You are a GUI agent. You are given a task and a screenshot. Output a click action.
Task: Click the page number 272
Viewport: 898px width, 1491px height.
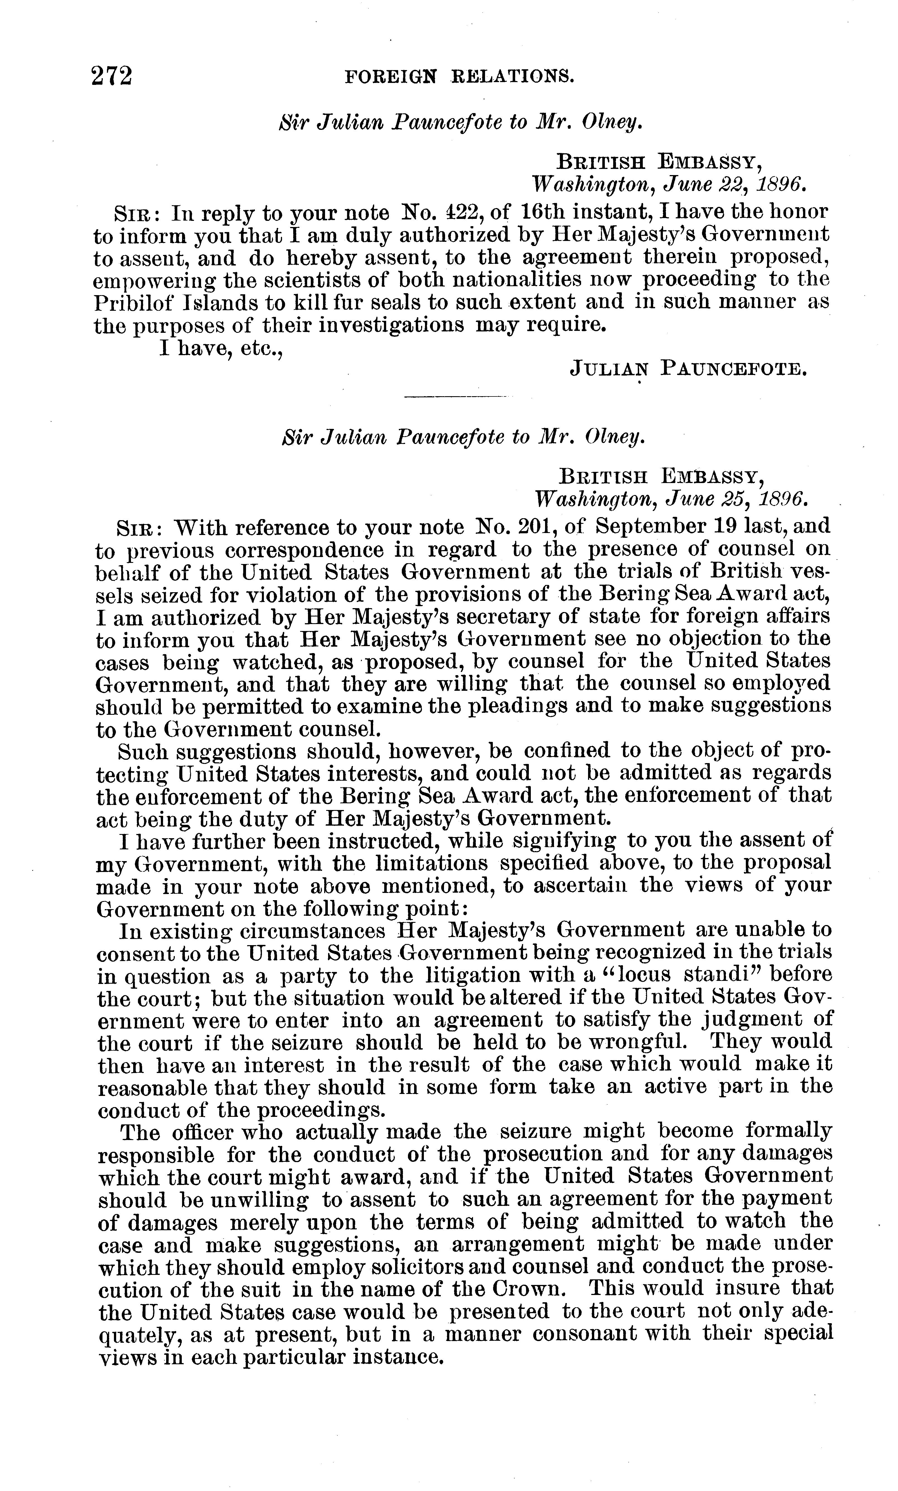tap(112, 77)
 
